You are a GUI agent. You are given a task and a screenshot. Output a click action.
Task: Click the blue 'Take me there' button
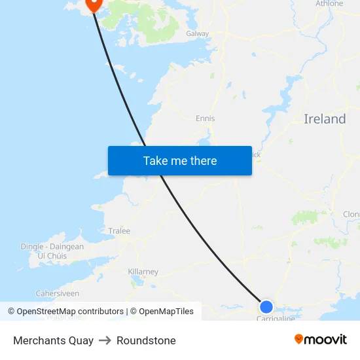(180, 160)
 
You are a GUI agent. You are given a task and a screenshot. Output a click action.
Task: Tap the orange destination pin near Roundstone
(93, 5)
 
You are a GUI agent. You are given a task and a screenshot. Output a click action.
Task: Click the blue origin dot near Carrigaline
(266, 306)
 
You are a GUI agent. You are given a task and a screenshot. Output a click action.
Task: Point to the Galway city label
(197, 33)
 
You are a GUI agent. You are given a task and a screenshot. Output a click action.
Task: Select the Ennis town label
(205, 118)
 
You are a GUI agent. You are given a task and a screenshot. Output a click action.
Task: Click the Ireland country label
(325, 119)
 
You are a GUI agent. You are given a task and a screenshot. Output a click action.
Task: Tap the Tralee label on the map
(119, 231)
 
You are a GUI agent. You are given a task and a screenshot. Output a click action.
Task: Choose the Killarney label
(143, 272)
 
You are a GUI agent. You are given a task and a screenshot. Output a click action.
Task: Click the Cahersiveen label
(57, 294)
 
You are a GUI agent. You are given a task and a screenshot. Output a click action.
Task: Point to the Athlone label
(329, 4)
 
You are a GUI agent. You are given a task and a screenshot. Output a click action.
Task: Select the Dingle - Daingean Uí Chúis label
(52, 251)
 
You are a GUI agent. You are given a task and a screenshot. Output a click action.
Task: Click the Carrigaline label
(276, 318)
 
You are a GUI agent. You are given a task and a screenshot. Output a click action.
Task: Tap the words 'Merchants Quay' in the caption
(53, 340)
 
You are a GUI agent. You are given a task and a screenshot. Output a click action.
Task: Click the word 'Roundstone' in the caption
(146, 340)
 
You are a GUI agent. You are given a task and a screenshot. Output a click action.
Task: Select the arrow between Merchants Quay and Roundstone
(105, 340)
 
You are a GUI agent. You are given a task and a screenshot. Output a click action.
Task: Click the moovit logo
(320, 339)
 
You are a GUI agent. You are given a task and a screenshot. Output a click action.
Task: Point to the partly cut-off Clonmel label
(351, 214)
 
